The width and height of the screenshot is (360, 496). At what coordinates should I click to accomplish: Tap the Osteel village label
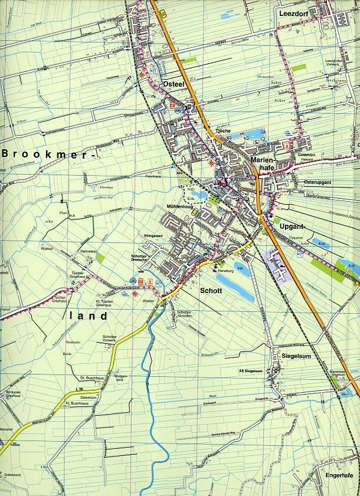coord(176,84)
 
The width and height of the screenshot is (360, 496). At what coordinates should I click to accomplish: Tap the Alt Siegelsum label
coord(250,370)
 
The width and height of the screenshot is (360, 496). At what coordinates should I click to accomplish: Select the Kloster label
coord(149,301)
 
